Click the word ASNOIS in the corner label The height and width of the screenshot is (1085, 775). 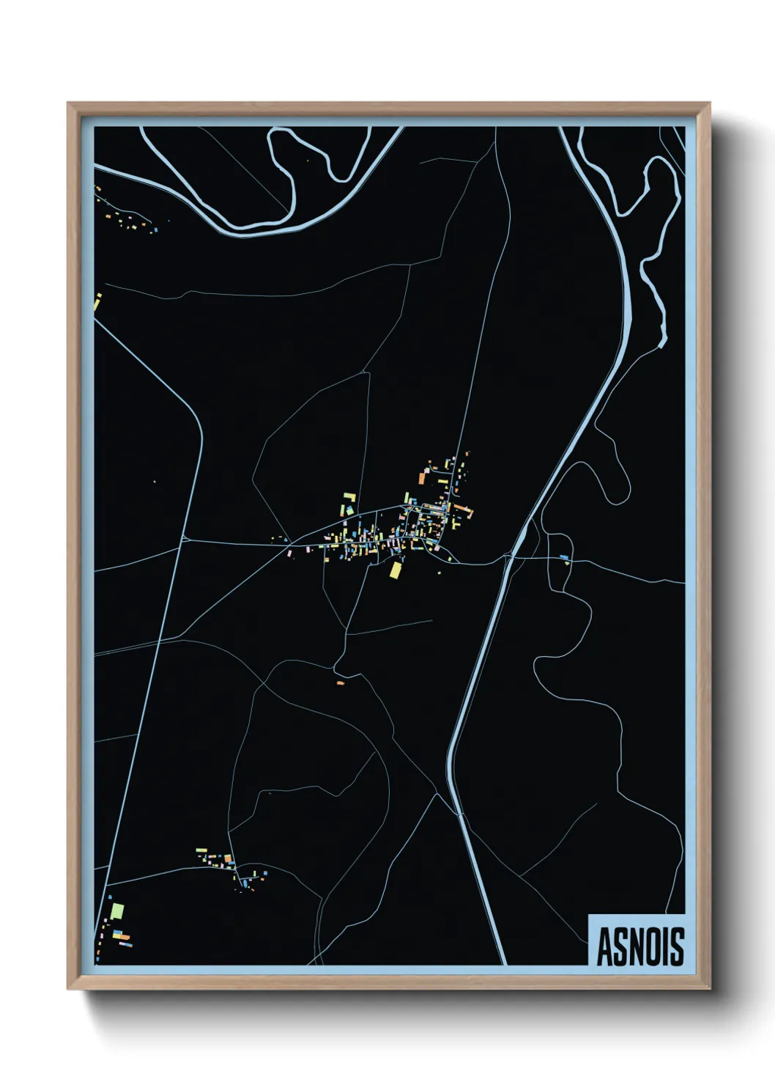640,946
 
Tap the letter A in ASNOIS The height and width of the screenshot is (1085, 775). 605,946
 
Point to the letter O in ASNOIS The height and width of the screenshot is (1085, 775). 656,946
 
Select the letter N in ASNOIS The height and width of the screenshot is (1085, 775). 639,946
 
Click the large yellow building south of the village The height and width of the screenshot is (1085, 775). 396,570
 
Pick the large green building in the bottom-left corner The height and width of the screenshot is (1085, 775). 116,911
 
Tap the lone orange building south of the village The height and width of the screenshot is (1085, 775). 340,683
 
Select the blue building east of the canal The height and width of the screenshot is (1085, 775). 563,558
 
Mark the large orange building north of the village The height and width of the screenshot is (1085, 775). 423,478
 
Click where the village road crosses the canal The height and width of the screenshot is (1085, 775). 511,556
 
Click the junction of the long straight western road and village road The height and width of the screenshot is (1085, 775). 182,540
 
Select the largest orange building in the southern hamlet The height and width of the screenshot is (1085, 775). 228,858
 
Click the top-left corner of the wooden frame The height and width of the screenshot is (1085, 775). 68,103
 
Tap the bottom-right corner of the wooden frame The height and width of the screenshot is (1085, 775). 709,989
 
